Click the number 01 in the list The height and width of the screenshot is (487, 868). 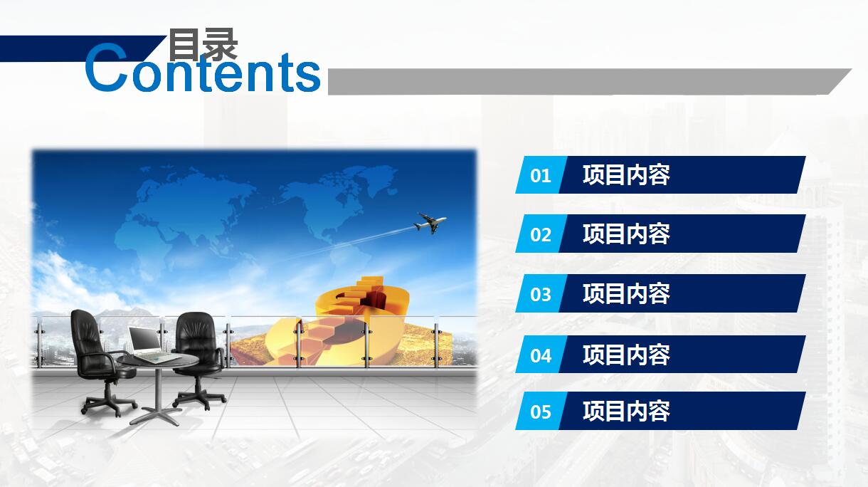(541, 175)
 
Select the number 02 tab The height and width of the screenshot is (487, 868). (541, 234)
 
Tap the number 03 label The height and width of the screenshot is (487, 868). (541, 294)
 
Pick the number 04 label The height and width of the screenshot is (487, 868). (541, 355)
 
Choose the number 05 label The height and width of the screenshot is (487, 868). (541, 412)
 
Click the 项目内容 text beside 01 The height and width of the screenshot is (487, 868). (626, 175)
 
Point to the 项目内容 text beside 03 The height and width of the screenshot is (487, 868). (626, 294)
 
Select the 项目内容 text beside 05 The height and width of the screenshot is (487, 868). (626, 412)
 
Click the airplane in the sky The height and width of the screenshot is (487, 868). (430, 224)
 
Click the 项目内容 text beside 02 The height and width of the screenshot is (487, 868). (626, 234)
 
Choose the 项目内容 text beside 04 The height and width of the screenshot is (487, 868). (626, 355)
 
